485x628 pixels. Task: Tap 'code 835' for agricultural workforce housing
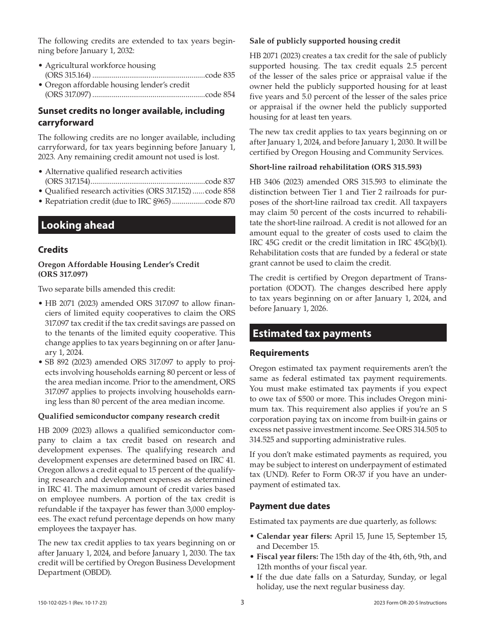pyautogui.click(x=220, y=75)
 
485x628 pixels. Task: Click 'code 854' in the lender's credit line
pyautogui.click(x=220, y=94)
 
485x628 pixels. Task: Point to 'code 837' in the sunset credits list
pyautogui.click(x=220, y=181)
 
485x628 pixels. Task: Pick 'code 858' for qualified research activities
pyautogui.click(x=220, y=191)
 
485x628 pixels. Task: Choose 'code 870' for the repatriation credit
pyautogui.click(x=220, y=201)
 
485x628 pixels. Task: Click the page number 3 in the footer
pyautogui.click(x=243, y=602)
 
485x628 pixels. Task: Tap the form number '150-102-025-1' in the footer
pyautogui.click(x=57, y=603)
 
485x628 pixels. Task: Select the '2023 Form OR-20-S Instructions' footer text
pyautogui.click(x=410, y=603)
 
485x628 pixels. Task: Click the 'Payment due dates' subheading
pyautogui.click(x=289, y=506)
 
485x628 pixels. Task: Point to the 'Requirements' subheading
pyautogui.click(x=279, y=353)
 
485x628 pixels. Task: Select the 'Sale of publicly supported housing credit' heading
pyautogui.click(x=325, y=41)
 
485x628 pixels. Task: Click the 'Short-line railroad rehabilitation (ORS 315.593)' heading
pyautogui.click(x=335, y=167)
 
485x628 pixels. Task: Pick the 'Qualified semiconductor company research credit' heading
pyautogui.click(x=129, y=416)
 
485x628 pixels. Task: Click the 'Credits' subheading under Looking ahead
pyautogui.click(x=53, y=250)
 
